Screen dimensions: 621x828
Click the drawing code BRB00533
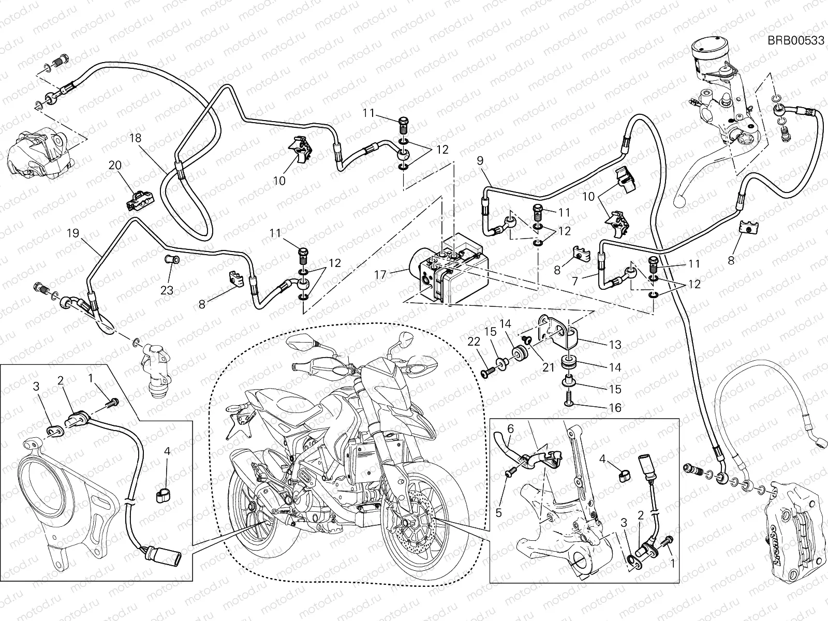pos(795,41)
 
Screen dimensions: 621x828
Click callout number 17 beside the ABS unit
pos(380,274)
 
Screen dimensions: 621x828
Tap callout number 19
pos(73,233)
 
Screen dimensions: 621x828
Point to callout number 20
pos(114,165)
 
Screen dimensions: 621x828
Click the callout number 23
pos(167,290)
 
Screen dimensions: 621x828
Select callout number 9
pos(480,161)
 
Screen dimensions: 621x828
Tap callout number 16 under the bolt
pos(614,408)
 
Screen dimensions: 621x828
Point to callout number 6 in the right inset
pos(510,428)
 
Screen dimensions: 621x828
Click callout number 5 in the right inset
pos(498,498)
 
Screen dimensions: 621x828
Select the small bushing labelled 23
pos(172,258)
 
